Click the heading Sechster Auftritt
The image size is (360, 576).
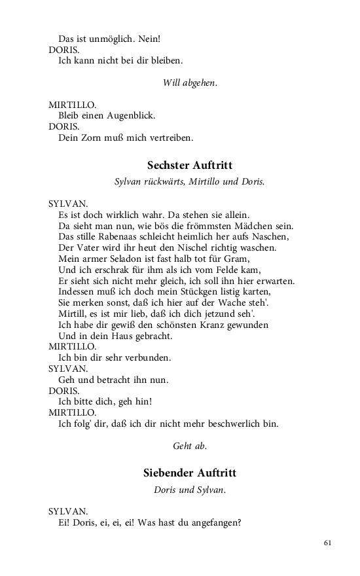pos(190,166)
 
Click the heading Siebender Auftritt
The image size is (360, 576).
pos(190,473)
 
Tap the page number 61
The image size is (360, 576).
pos(328,543)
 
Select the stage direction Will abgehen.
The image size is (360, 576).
pos(190,82)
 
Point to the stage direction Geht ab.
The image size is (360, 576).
pos(190,446)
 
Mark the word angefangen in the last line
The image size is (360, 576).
pos(213,522)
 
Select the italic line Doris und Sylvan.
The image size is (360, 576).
pos(190,490)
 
